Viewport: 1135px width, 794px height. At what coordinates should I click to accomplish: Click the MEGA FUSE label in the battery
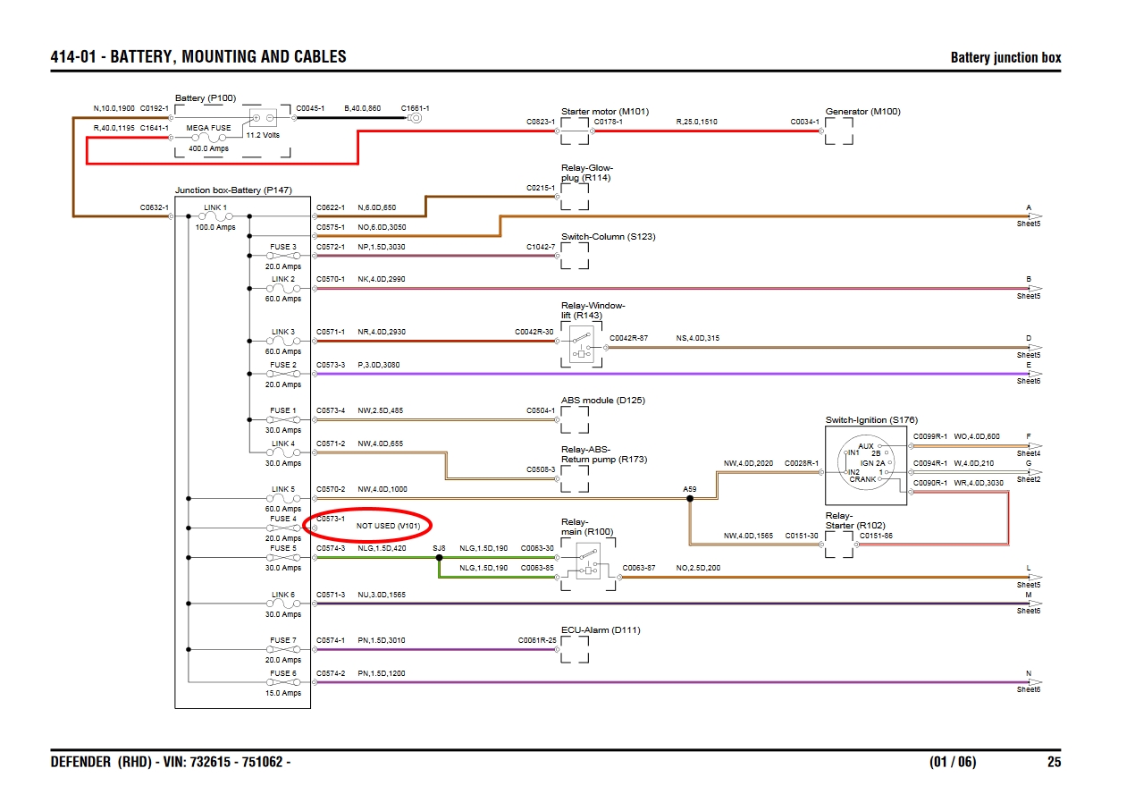pos(208,128)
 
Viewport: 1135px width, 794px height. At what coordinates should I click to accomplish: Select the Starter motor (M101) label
pos(605,112)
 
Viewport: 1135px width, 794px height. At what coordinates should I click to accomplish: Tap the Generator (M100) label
pos(862,112)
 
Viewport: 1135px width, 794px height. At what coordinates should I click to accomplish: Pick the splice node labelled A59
pos(690,499)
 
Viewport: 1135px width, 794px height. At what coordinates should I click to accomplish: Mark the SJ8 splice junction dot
pos(439,558)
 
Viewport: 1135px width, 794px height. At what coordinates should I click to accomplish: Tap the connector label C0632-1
pos(154,207)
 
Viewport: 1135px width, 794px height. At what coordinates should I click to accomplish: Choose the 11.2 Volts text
pos(263,136)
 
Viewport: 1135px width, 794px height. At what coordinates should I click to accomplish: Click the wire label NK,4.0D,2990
pos(381,279)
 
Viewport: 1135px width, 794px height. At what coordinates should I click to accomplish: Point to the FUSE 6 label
pos(282,673)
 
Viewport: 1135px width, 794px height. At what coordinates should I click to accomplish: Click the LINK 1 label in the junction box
pos(215,207)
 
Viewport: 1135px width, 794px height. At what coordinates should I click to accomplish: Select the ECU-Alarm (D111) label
pos(601,630)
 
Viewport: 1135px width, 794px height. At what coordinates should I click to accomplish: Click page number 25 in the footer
pos(1055,763)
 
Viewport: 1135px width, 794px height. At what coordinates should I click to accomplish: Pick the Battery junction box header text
pos(1005,58)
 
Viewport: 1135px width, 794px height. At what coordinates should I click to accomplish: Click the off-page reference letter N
pos(1029,673)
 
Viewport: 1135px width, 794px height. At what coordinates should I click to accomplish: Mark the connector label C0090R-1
pos(929,484)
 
